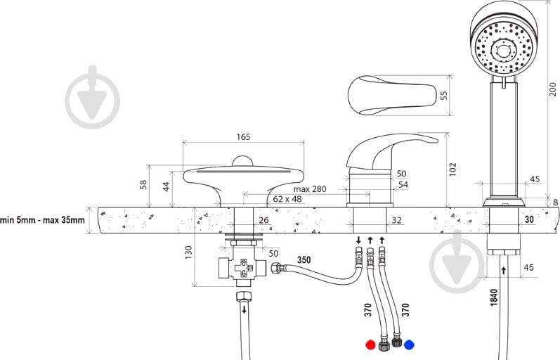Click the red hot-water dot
tap(371, 345)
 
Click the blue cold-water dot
tap(410, 345)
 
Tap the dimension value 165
tap(244, 137)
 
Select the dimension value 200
tap(552, 89)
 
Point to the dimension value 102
tap(452, 169)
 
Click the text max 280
tap(310, 188)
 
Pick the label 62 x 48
tap(287, 199)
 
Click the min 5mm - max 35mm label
tap(42, 219)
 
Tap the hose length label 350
tap(304, 260)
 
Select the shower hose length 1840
tap(494, 297)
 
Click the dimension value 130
tap(188, 252)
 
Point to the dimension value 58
tap(143, 184)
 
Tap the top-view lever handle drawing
tap(392, 96)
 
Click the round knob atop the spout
tap(242, 160)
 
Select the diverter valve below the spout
tap(242, 266)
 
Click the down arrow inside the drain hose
tap(245, 309)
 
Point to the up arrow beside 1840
tap(504, 270)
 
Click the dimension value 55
tap(443, 96)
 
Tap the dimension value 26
tap(263, 220)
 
